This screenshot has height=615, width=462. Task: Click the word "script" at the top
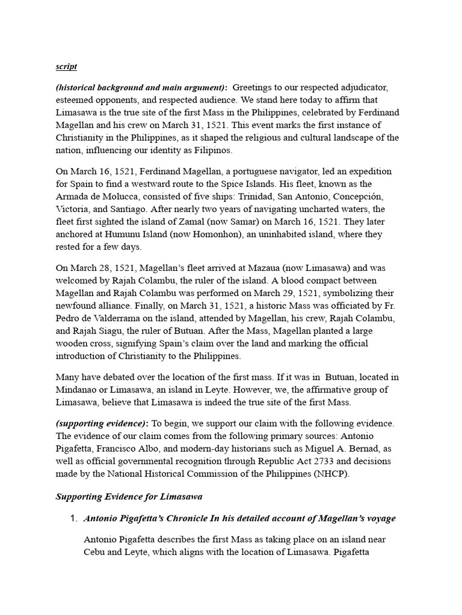coord(66,66)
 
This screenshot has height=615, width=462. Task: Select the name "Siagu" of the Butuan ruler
coord(116,330)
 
